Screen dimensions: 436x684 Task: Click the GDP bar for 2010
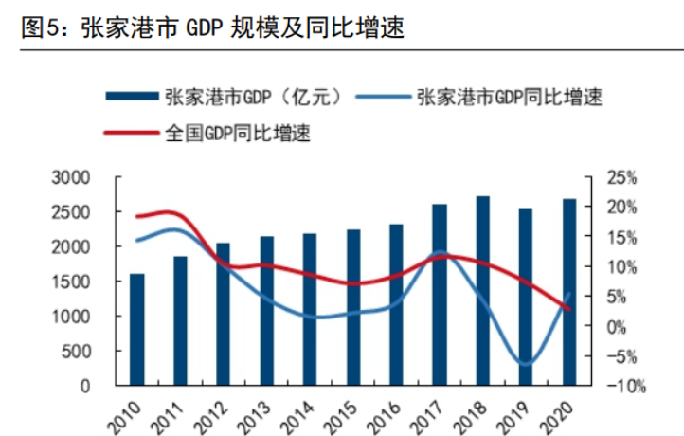coord(137,330)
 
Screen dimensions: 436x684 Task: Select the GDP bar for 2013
coord(267,311)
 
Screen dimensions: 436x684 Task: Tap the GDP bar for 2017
coord(441,295)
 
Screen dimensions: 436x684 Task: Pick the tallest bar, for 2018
coord(483,291)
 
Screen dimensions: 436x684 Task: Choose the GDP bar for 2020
coord(569,292)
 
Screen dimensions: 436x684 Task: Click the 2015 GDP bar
coord(353,307)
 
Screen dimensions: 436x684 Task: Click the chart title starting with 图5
coord(213,29)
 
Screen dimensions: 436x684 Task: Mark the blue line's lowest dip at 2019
coord(526,364)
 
